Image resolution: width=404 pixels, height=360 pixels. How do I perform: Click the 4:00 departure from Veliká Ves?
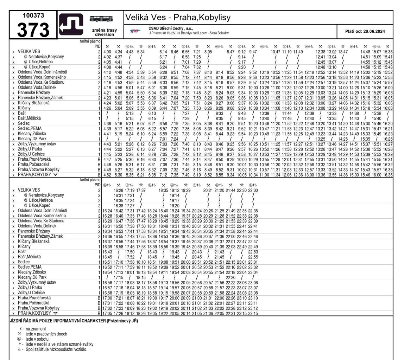[x=107, y=52]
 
